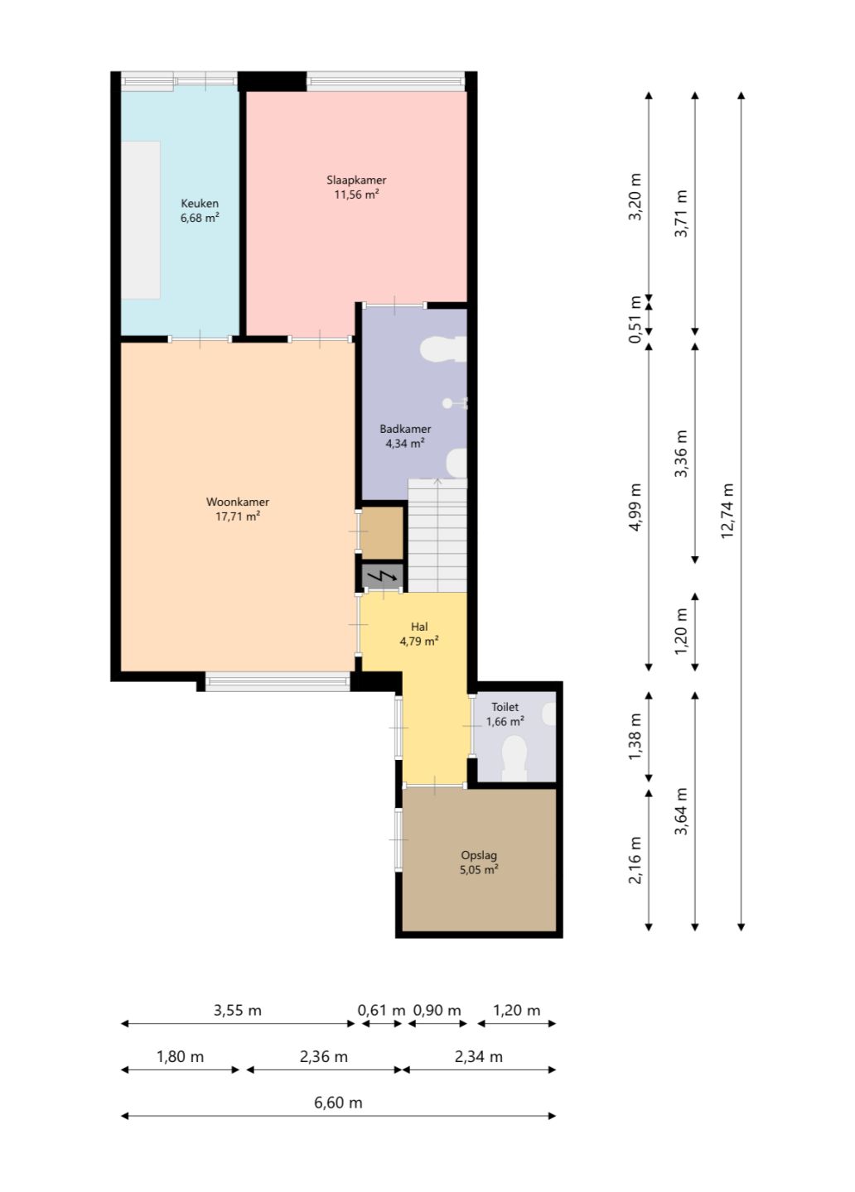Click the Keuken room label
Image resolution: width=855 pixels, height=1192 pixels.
(x=200, y=204)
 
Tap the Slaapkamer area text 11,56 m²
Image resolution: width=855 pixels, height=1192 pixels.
(x=356, y=195)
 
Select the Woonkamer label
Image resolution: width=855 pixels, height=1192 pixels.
(x=238, y=502)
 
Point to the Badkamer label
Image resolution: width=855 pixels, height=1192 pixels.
(x=405, y=429)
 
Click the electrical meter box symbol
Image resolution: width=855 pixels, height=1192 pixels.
(x=383, y=576)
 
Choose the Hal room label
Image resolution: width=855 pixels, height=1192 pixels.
(x=419, y=627)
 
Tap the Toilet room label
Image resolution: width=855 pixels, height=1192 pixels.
(x=505, y=707)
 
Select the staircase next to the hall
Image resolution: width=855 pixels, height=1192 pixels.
(x=437, y=536)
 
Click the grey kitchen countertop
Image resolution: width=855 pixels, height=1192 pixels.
(x=141, y=220)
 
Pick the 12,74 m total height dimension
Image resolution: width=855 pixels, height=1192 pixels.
(x=727, y=511)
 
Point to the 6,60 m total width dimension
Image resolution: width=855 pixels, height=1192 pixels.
(x=338, y=1102)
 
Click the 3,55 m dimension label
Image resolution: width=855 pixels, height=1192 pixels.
(x=238, y=1010)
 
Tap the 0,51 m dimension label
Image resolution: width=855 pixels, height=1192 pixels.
(x=635, y=320)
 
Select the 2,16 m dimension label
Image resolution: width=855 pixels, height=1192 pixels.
(x=635, y=861)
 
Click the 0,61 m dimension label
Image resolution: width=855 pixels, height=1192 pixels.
(x=381, y=1010)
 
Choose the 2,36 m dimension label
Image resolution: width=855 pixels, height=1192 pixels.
(x=324, y=1056)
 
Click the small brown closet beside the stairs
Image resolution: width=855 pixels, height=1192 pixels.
(x=382, y=533)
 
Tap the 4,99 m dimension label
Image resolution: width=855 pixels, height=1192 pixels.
(x=635, y=507)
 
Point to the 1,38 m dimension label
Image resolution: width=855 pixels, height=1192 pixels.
(x=635, y=737)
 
